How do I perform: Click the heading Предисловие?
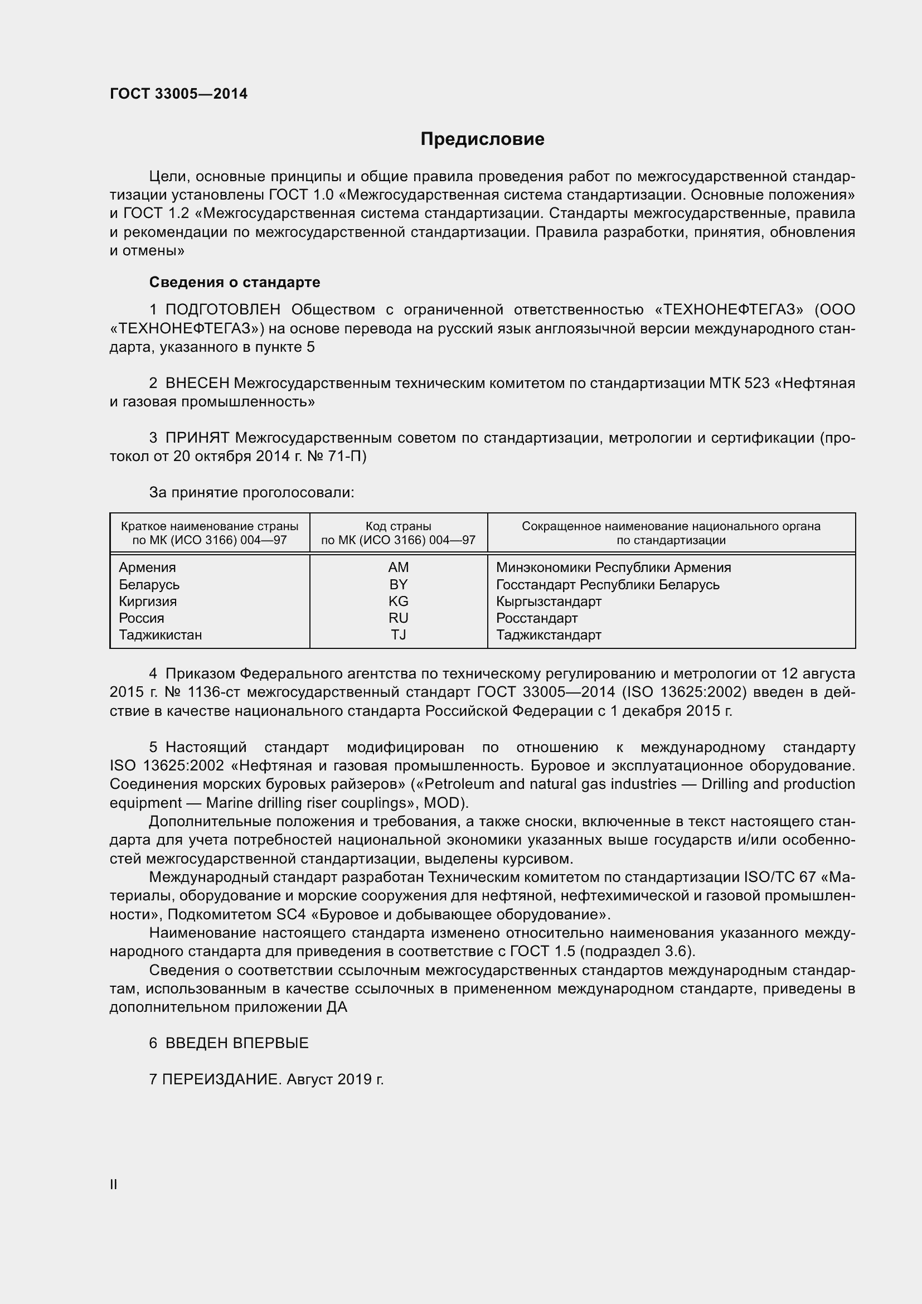(x=482, y=139)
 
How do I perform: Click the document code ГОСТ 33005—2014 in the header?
(x=178, y=94)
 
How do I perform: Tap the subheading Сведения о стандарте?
(x=235, y=282)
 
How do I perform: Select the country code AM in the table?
(x=398, y=568)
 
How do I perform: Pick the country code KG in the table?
(x=398, y=601)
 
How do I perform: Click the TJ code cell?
(x=398, y=634)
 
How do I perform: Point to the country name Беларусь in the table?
(x=149, y=584)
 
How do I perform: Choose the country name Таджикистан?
(x=160, y=634)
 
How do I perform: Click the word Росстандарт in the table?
(x=536, y=618)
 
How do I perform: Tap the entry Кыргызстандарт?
(x=549, y=601)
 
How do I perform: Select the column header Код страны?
(x=398, y=526)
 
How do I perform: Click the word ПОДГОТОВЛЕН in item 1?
(x=222, y=309)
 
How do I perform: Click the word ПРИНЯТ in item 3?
(x=197, y=438)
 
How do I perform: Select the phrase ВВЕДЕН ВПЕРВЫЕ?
(x=237, y=1043)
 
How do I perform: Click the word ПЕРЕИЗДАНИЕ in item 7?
(x=221, y=1080)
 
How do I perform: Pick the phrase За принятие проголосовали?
(x=251, y=492)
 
